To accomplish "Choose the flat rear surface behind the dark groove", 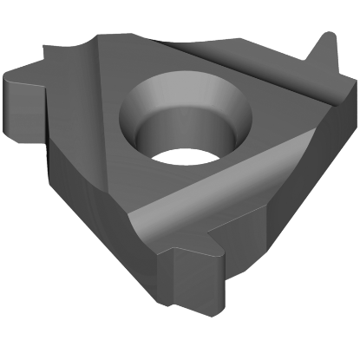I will point(234,48).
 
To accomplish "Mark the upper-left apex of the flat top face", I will point(101,37).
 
